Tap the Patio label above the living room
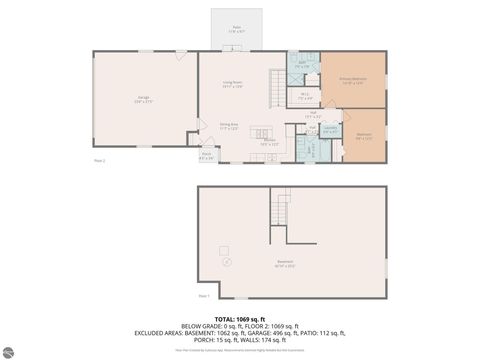(237, 29)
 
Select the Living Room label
(234, 86)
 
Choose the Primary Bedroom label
(352, 80)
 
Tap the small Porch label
(206, 155)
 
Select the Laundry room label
(331, 130)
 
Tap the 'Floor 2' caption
(99, 160)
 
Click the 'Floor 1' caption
(203, 295)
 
